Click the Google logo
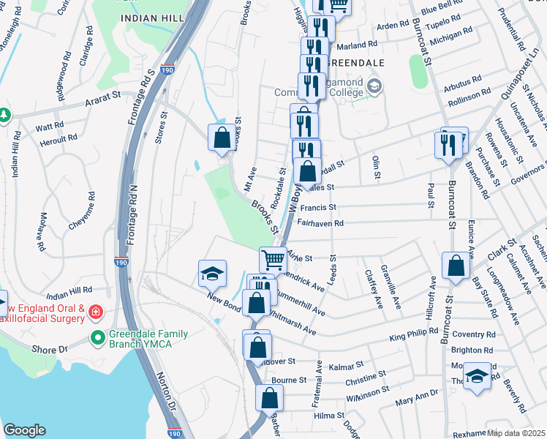[x=24, y=430]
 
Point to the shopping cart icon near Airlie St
[x=273, y=258]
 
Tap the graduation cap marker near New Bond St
[x=212, y=274]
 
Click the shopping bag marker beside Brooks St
[x=222, y=137]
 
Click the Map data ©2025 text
[x=516, y=433]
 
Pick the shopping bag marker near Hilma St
[x=269, y=398]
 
